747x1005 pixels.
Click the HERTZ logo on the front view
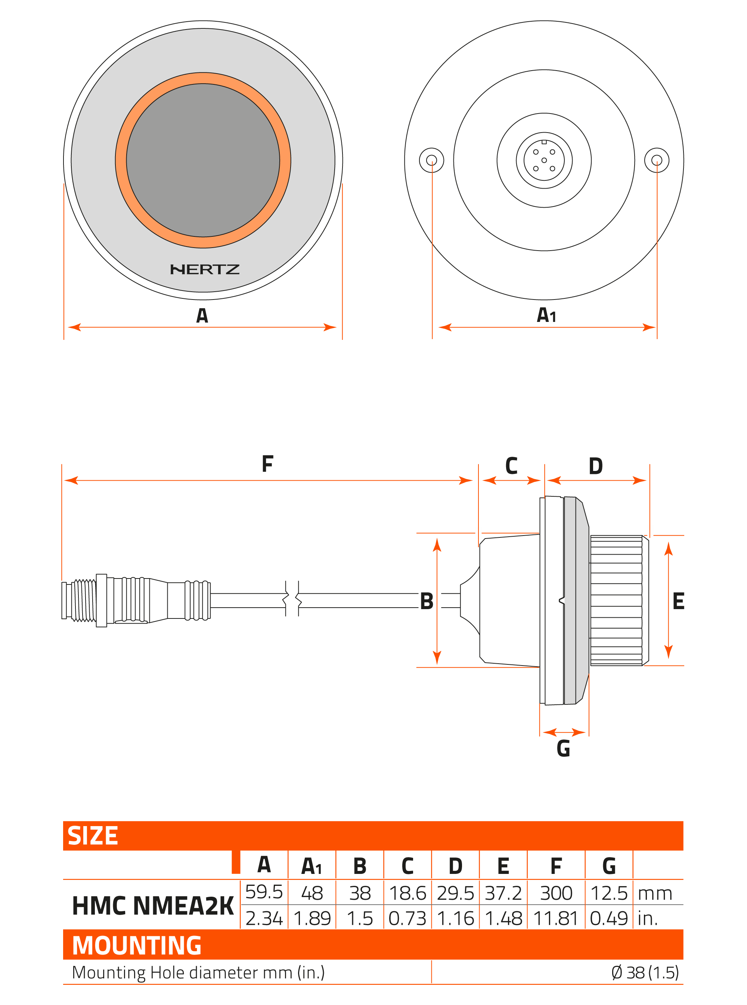204,269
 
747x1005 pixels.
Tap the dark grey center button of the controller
203,160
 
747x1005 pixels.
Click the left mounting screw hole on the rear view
431,160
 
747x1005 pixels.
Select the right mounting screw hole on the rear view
657,160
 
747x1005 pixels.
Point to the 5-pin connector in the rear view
544,160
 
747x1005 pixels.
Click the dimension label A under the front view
202,316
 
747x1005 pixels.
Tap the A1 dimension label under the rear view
546,316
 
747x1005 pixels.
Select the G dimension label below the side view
563,748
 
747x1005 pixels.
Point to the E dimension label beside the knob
678,601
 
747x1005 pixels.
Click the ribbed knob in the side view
617,601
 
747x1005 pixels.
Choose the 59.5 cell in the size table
264,891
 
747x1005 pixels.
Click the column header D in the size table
455,866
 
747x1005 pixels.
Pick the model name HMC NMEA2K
153,906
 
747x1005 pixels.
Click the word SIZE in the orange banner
93,835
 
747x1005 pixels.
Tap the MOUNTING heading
137,945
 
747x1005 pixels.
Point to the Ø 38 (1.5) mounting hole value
645,972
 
